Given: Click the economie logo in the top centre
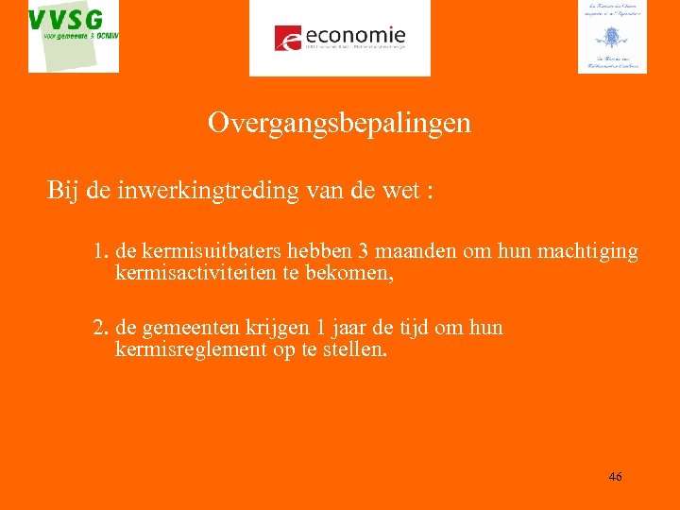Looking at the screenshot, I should (x=339, y=38).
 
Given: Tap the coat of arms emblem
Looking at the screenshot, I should (x=612, y=38).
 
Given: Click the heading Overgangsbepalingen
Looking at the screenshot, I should (x=339, y=124).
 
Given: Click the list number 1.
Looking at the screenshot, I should (x=100, y=252).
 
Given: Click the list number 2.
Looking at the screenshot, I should (x=100, y=328).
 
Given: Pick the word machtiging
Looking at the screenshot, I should (x=586, y=252).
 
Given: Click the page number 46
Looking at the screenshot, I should (x=615, y=477).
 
